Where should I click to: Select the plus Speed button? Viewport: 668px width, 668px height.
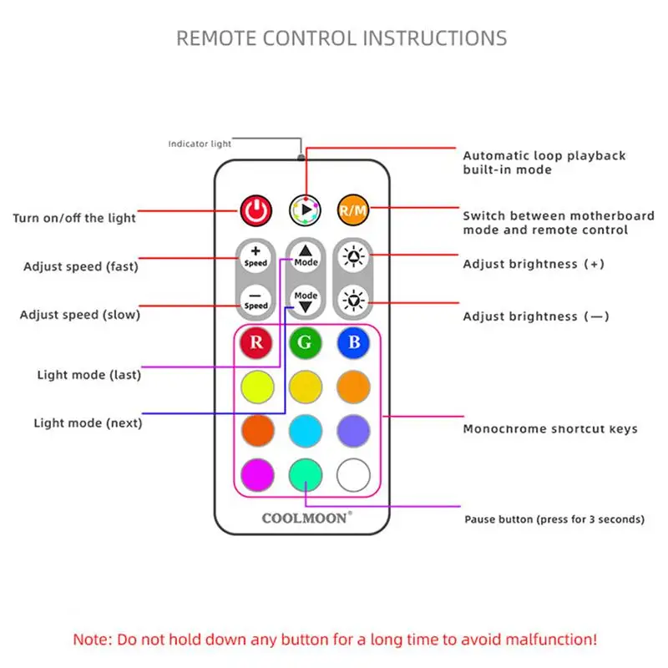[256, 256]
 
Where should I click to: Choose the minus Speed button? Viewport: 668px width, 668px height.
[256, 300]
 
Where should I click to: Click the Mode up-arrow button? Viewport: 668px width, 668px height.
[305, 256]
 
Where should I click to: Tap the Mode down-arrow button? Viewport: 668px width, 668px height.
[305, 300]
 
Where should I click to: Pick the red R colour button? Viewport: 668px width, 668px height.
[256, 342]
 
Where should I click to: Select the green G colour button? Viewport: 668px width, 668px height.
[305, 342]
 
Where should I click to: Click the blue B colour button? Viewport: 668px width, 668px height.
[353, 342]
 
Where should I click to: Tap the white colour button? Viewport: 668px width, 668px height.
[353, 474]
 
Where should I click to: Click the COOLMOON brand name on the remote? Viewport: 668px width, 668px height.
[306, 518]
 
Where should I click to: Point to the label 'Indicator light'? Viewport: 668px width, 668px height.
[200, 144]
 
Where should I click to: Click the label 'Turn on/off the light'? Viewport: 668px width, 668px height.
[74, 218]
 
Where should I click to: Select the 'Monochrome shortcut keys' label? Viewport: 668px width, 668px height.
[550, 429]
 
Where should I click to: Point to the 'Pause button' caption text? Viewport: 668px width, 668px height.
[554, 519]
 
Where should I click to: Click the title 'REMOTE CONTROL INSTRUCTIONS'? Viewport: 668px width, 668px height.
[342, 38]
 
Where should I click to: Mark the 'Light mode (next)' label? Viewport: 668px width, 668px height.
[88, 423]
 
